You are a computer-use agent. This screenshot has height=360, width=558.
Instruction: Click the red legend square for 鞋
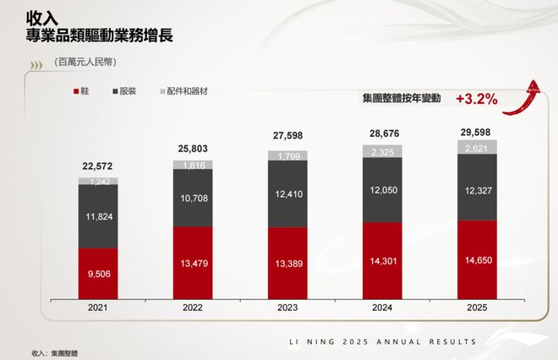78,91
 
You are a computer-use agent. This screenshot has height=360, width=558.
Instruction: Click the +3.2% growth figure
476,99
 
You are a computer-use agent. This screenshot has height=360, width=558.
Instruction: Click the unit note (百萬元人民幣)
84,62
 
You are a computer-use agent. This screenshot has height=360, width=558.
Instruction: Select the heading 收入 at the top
42,18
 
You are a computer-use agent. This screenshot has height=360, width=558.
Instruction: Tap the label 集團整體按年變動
402,100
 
